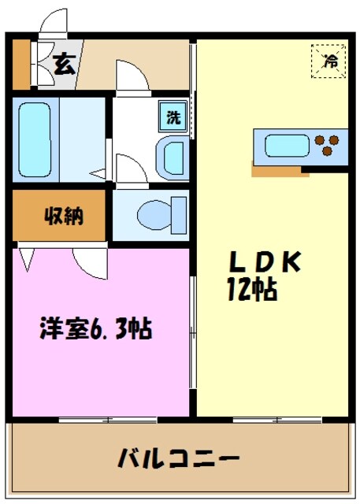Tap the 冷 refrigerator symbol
(x=328, y=61)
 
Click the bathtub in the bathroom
(x=34, y=139)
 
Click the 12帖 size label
(x=252, y=290)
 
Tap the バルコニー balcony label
(x=178, y=458)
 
